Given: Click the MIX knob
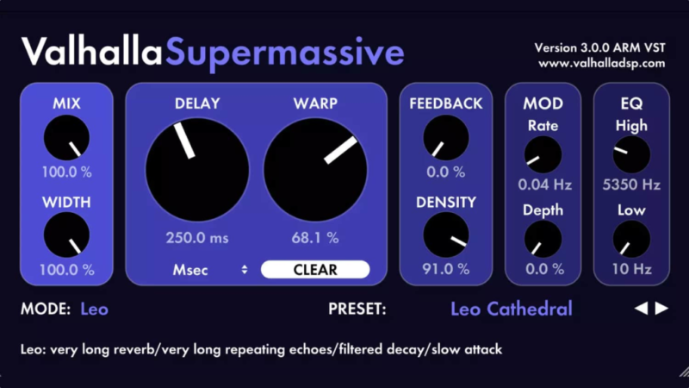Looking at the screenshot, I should point(66,140).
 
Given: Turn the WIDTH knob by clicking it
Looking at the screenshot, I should point(66,235).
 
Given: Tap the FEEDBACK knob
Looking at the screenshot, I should point(446,138).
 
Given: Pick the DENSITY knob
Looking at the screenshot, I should point(446,235).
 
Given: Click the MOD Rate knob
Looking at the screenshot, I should point(543,155).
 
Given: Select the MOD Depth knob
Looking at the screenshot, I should point(543,239).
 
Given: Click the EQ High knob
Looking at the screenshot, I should point(631,155).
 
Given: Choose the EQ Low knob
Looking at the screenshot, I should point(631,239).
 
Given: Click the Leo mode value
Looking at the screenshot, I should point(95,309).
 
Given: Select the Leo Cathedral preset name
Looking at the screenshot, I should point(512,309).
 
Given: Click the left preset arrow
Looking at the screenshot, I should point(642,309).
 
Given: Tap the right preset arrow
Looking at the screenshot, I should point(661,309).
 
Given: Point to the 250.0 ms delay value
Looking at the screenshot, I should point(197,237).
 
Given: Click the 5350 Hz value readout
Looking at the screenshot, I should point(631,185).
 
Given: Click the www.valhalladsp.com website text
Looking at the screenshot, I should point(601,63).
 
